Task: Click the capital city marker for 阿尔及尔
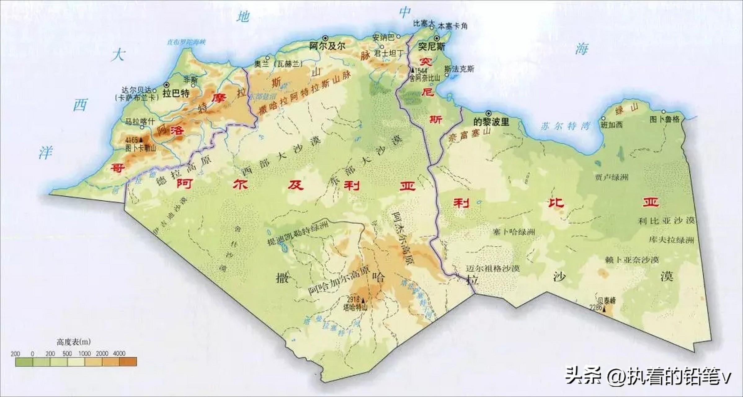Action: (325, 38)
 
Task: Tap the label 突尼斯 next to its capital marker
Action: (431, 47)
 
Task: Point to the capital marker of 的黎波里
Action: (489, 113)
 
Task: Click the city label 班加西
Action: (612, 125)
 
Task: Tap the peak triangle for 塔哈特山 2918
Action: (362, 300)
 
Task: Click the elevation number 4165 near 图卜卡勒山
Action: (131, 141)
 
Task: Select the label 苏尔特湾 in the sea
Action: (565, 126)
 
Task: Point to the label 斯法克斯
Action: (459, 69)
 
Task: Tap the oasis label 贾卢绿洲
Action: (612, 177)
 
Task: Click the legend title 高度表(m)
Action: (73, 342)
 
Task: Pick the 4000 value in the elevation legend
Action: (119, 354)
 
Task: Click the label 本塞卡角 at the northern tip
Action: (452, 26)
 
